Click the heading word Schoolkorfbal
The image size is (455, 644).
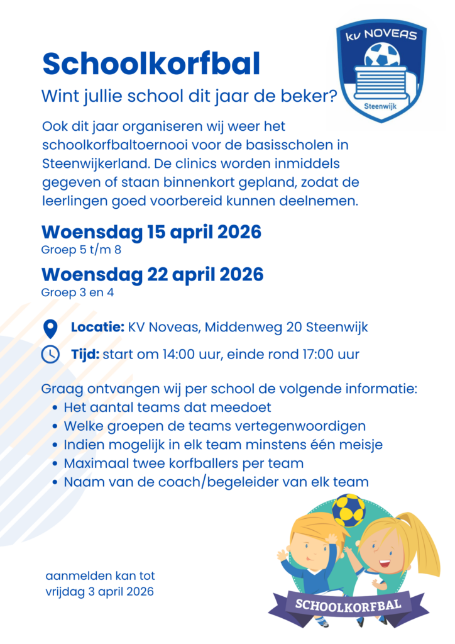pyautogui.click(x=151, y=64)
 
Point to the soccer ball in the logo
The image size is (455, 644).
pyautogui.click(x=381, y=55)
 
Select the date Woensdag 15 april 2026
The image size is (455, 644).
pyautogui.click(x=151, y=232)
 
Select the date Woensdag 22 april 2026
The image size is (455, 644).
pyautogui.click(x=153, y=275)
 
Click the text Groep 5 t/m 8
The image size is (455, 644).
pyautogui.click(x=81, y=249)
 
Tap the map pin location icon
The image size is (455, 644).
pyautogui.click(x=50, y=328)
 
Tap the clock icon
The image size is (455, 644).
pyautogui.click(x=50, y=355)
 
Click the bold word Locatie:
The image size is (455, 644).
pyautogui.click(x=97, y=328)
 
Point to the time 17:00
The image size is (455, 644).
pyautogui.click(x=314, y=354)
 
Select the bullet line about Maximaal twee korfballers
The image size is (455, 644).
pyautogui.click(x=184, y=464)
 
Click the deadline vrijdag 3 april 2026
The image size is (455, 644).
pyautogui.click(x=99, y=592)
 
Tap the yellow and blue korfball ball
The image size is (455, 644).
pyautogui.click(x=348, y=509)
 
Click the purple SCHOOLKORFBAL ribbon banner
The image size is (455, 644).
pyautogui.click(x=349, y=606)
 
